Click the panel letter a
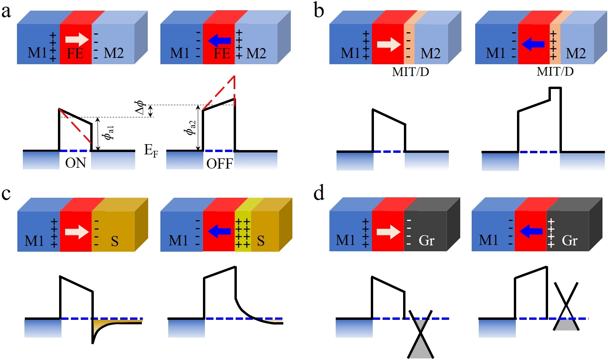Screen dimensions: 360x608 (6, 12)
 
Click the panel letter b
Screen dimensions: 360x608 (319, 11)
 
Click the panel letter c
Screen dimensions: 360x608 (6, 193)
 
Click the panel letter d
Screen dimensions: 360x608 (319, 193)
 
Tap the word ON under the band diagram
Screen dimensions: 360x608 (75, 163)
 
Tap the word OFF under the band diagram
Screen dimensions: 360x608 (219, 163)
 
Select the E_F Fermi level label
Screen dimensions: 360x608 (151, 150)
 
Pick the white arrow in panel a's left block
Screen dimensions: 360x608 (77, 39)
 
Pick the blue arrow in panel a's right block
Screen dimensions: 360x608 (219, 40)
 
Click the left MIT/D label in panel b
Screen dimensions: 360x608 (410, 72)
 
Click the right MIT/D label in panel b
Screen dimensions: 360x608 (555, 71)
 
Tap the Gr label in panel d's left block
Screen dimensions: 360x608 (427, 240)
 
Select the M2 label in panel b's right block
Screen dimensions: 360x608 (576, 53)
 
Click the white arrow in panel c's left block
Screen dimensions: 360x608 (77, 231)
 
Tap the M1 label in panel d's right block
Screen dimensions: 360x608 (489, 240)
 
